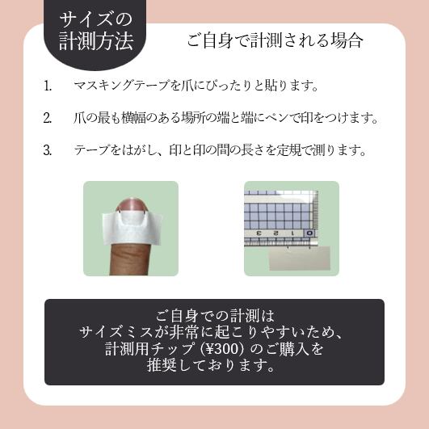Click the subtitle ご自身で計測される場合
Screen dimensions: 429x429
tap(275, 40)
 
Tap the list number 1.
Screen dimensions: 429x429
tap(48, 86)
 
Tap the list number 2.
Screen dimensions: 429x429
tap(48, 118)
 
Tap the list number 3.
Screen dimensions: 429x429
tap(48, 150)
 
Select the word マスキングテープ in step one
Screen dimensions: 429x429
tap(122, 86)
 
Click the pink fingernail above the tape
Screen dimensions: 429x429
tap(132, 204)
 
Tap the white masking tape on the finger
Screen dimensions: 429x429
tap(132, 229)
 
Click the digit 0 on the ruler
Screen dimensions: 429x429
tap(309, 233)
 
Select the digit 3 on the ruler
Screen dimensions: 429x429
tap(259, 233)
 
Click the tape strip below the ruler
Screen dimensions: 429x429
tap(300, 259)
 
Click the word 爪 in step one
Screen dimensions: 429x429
tap(187, 86)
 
